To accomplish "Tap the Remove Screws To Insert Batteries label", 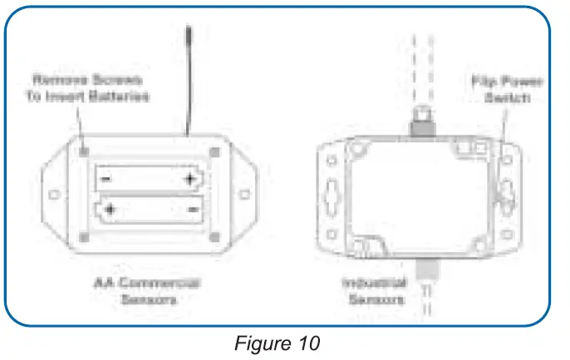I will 91,87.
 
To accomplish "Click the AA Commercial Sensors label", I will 147,291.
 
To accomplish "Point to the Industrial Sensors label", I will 375,291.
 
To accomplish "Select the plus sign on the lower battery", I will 109,210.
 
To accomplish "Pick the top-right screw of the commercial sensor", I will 215,151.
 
